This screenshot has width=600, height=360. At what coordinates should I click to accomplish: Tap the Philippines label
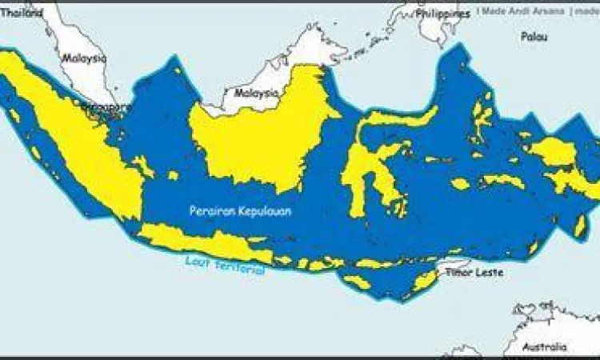coord(442,14)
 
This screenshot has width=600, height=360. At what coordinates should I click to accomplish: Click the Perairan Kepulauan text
coord(240,211)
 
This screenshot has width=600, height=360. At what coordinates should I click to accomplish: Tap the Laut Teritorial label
coord(224,266)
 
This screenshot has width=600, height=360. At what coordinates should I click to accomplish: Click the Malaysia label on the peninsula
coord(85,58)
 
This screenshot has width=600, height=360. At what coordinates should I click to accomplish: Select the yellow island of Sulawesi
coord(364,172)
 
